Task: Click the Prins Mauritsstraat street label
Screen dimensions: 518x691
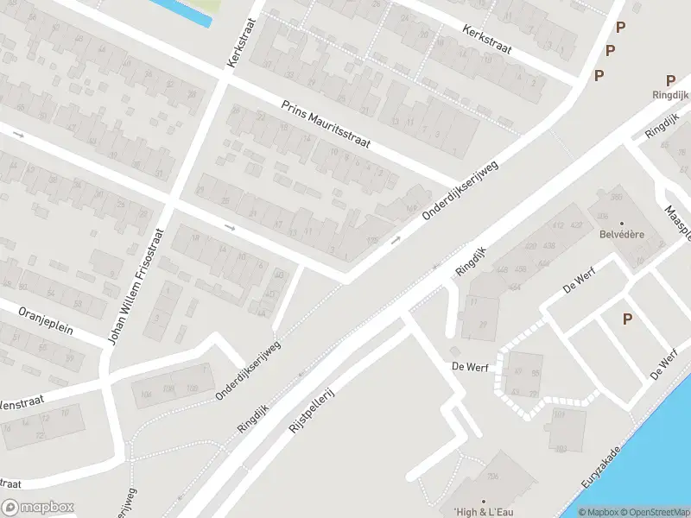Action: coord(326,125)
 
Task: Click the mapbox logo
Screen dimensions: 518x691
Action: coord(37,508)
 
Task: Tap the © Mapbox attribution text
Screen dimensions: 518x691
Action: coord(598,512)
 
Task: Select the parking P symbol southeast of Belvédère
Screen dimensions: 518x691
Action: coord(627,319)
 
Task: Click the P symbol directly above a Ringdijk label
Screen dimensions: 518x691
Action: coord(670,81)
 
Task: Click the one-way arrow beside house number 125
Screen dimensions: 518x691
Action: coord(396,239)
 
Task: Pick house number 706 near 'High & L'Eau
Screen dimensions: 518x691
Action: coord(493,477)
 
